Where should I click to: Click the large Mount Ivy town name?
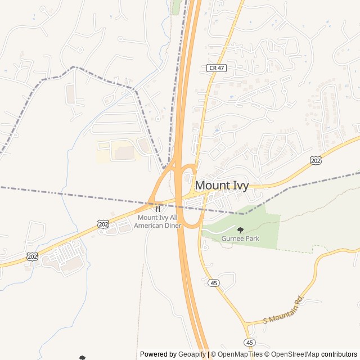click(x=222, y=186)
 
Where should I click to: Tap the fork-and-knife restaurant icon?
click(x=157, y=209)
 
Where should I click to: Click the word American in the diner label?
click(x=147, y=226)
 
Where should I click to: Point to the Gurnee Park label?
click(x=240, y=238)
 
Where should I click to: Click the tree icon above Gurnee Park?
click(x=241, y=229)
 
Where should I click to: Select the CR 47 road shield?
click(x=216, y=68)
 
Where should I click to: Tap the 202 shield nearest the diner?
click(x=103, y=224)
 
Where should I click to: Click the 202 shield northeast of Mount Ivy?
click(x=316, y=161)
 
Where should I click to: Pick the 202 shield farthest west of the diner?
click(x=32, y=256)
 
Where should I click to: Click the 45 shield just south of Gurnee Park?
click(x=213, y=283)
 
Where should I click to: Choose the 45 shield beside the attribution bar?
click(x=250, y=342)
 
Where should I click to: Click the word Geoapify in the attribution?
click(x=192, y=354)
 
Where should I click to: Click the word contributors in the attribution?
click(x=339, y=354)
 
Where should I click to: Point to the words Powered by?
click(x=158, y=354)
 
